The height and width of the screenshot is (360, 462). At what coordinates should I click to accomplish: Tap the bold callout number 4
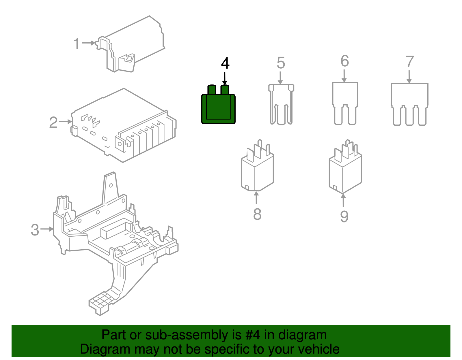click(x=225, y=63)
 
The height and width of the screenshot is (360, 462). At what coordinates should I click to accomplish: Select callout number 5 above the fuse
click(x=281, y=63)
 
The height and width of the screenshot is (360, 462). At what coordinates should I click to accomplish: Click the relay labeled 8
click(x=257, y=170)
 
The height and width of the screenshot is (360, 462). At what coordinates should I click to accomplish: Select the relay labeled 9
click(x=345, y=171)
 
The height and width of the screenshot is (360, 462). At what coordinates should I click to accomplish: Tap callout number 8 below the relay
click(x=257, y=214)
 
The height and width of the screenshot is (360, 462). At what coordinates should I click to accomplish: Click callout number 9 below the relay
click(x=344, y=216)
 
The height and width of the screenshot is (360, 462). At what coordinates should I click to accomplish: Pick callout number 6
click(x=345, y=61)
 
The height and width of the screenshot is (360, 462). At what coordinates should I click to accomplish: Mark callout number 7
click(x=409, y=62)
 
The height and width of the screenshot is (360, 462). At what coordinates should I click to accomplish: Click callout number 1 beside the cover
click(x=76, y=44)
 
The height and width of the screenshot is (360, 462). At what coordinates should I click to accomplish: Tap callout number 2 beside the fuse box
click(x=53, y=122)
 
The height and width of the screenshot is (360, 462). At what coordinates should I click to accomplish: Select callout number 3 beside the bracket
click(x=35, y=230)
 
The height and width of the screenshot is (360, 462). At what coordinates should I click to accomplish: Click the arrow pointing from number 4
click(x=225, y=78)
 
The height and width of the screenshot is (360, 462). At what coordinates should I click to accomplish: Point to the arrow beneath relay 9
click(x=343, y=200)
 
